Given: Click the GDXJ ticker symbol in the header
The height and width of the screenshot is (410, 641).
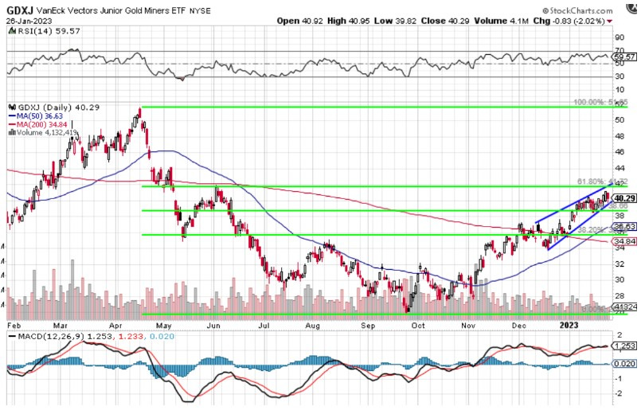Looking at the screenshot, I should click(18, 7).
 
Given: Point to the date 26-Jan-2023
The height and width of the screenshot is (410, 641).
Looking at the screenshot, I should click(24, 20).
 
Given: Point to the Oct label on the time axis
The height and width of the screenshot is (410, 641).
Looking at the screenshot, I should click(418, 326).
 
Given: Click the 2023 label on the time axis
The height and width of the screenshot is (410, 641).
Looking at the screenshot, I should click(568, 326).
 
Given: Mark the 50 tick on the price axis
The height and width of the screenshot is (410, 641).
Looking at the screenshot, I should click(619, 119).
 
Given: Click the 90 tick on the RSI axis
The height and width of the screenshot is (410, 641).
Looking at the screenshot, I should click(619, 37).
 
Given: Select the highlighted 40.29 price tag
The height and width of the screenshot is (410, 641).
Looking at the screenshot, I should click(623, 197).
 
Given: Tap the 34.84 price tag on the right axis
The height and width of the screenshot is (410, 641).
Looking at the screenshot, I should click(623, 241).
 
